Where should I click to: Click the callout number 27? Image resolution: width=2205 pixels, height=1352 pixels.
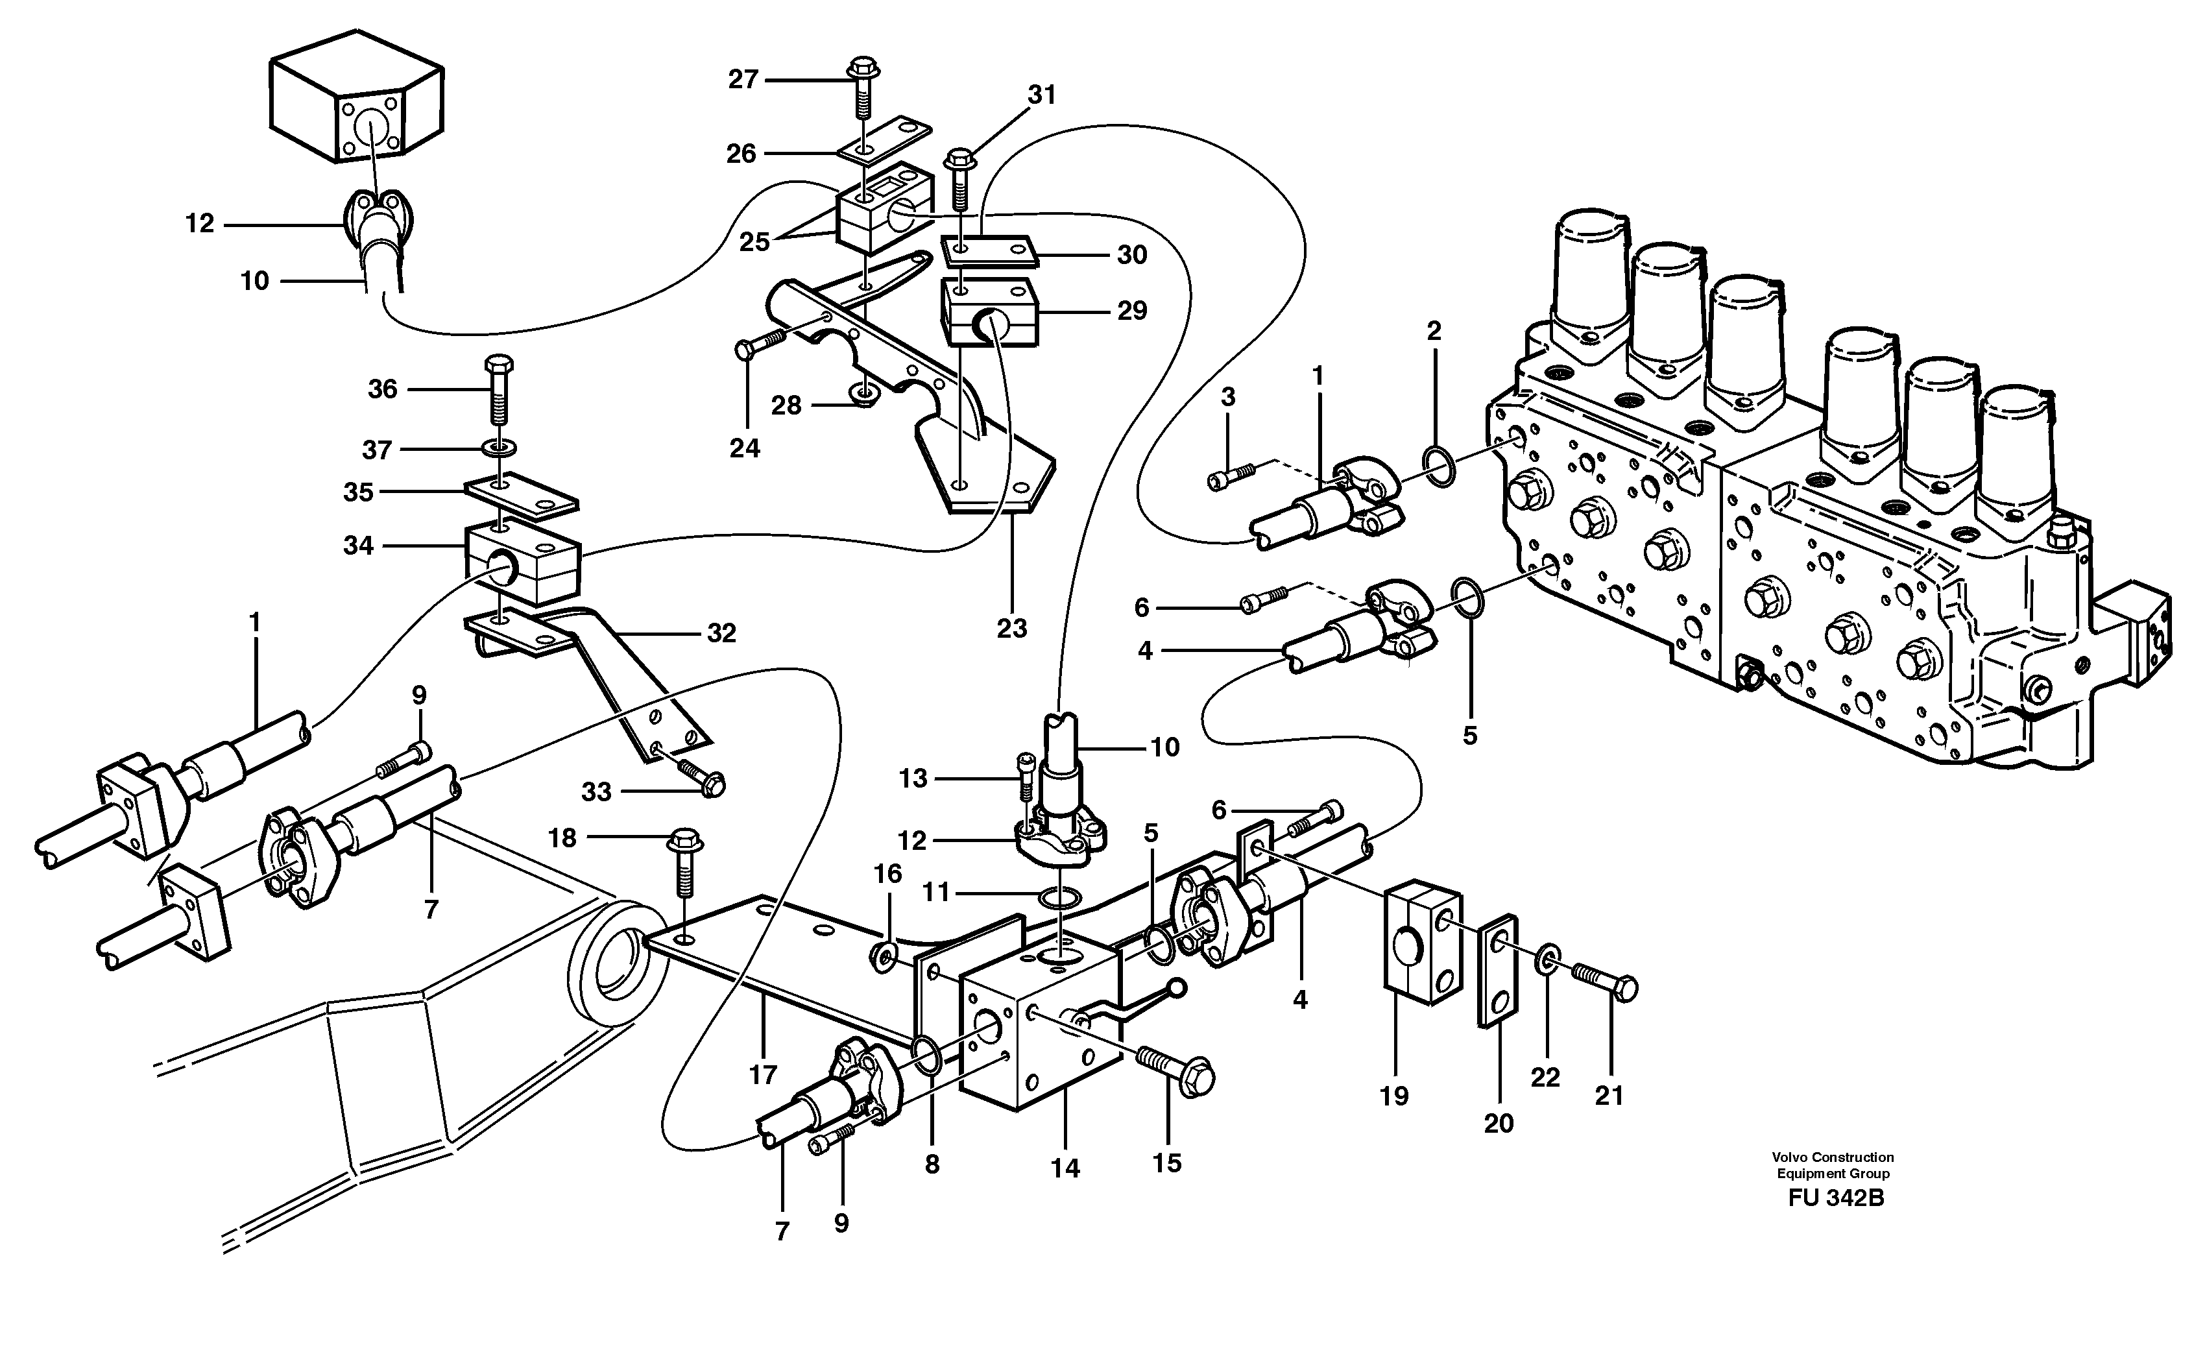743,80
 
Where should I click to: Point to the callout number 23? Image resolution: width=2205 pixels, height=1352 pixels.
1011,628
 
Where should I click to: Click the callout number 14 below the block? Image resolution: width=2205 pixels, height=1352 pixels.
1065,1168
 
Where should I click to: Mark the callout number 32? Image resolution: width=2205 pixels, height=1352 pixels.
721,633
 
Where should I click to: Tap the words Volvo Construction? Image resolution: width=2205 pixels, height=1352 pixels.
1835,1157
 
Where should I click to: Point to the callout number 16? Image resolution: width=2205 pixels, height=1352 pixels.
887,873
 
